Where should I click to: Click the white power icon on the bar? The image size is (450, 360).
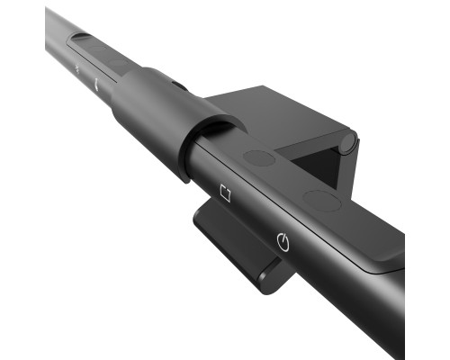283,240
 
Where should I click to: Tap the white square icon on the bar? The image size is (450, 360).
225,193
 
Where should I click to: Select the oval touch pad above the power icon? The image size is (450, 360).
321,200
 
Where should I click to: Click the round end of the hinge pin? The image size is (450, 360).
347,142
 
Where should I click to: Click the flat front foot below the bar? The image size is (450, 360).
229,238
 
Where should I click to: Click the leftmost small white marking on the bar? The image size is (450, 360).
77,68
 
